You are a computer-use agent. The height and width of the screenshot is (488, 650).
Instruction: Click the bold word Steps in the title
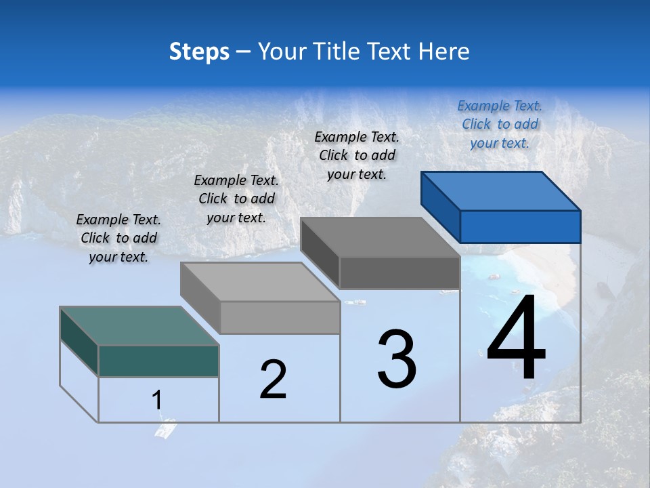click(199, 52)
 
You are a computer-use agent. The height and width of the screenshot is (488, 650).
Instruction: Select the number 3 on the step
click(397, 359)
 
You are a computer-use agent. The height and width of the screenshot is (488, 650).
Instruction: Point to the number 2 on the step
click(274, 380)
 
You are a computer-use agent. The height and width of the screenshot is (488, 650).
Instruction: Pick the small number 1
click(157, 400)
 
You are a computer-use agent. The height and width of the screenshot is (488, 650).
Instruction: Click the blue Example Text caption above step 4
click(500, 124)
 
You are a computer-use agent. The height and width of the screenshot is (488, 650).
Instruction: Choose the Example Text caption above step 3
click(357, 155)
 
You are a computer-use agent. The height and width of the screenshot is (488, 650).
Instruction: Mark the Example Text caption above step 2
click(236, 199)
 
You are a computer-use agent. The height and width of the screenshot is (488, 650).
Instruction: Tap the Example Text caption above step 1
click(118, 238)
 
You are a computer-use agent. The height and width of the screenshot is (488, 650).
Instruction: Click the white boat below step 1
click(165, 429)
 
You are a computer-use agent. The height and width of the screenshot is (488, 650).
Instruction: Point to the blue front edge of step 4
click(520, 226)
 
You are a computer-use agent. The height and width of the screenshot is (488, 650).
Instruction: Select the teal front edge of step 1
click(158, 361)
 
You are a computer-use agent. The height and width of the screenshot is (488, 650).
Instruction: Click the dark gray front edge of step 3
click(399, 273)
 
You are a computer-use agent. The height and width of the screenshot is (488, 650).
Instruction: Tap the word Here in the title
click(445, 52)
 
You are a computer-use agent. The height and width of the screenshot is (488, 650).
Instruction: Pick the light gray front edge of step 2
click(280, 317)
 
